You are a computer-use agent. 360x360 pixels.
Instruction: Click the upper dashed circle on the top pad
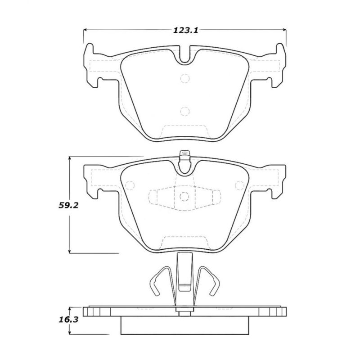185,79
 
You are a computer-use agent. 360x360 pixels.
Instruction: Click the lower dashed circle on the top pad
185,111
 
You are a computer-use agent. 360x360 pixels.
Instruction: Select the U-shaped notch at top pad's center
185,56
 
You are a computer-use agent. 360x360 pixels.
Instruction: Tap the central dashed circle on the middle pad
185,197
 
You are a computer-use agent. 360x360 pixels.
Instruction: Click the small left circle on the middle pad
131,185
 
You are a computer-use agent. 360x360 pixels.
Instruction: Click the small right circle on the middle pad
239,185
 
